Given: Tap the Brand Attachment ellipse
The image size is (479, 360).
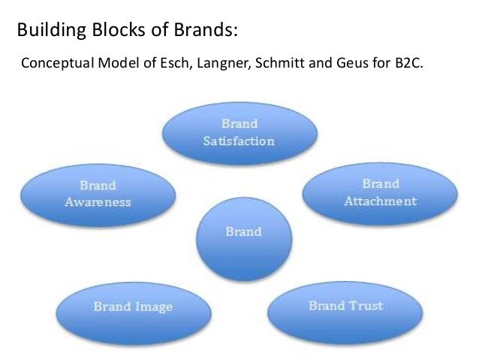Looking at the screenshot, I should tap(380, 192).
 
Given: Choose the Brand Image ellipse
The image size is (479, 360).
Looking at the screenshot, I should tap(133, 307).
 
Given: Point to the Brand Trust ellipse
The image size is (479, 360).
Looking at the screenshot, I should tap(346, 307).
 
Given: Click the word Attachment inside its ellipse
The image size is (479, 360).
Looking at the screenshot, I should tap(381, 201).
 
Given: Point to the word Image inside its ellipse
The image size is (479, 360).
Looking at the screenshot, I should tap(155, 307).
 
